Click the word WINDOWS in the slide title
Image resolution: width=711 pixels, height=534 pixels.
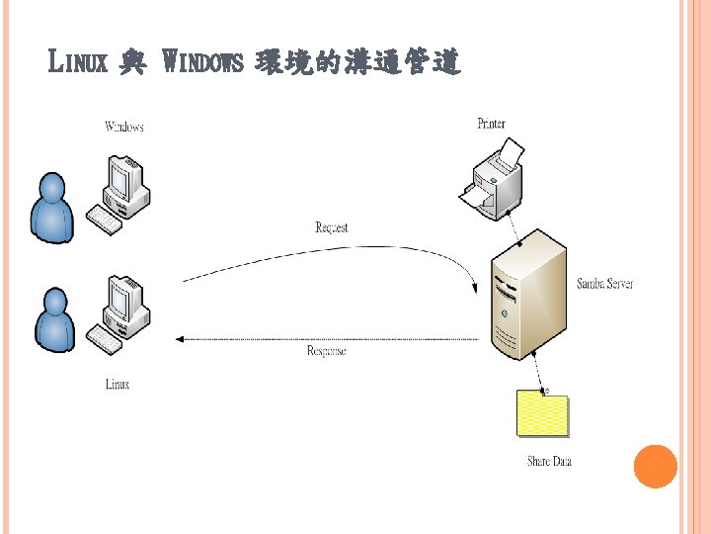(x=202, y=64)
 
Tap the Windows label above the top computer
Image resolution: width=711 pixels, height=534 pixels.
(x=124, y=127)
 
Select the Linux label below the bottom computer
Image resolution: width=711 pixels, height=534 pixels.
(x=118, y=384)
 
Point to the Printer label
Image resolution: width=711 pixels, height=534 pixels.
(x=491, y=124)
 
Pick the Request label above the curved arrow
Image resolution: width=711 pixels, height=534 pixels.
(x=332, y=228)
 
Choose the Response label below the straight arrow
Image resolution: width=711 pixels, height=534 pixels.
(x=326, y=351)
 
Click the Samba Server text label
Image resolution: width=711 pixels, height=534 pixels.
(x=604, y=284)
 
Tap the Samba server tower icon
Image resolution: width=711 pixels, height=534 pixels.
(x=527, y=297)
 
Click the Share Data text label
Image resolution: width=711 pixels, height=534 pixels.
(x=549, y=461)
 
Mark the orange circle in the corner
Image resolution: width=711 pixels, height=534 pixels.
(x=655, y=467)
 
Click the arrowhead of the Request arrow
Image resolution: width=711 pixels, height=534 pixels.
(x=475, y=288)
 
